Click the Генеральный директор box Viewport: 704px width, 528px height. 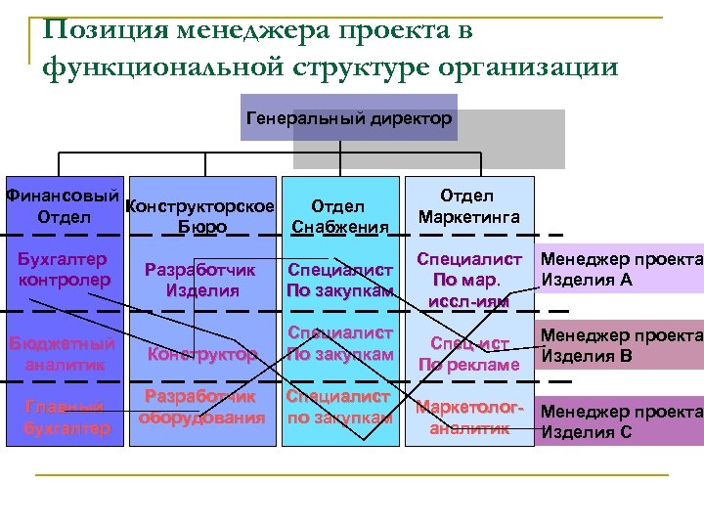coord(348,119)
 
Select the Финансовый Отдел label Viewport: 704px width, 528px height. coord(63,204)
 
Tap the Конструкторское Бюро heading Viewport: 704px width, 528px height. coord(201,217)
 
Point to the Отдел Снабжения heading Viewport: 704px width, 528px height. coord(338,217)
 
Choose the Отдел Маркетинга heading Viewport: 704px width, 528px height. coord(468,205)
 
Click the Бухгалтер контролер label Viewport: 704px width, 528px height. coord(64,270)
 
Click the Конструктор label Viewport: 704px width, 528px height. coord(203,354)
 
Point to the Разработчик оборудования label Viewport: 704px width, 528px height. coord(201,408)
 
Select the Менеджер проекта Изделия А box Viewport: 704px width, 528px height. coord(620,271)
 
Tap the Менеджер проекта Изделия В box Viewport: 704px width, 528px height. coord(620,344)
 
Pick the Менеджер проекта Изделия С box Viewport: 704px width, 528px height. coord(620,421)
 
